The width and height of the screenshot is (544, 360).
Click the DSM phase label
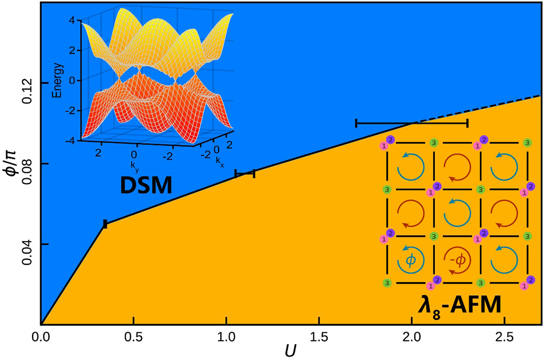click(x=145, y=187)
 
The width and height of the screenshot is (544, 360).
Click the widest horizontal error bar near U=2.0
click(x=412, y=123)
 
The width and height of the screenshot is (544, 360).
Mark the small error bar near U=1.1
click(x=245, y=173)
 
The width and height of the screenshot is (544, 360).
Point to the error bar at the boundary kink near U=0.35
click(x=105, y=224)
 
